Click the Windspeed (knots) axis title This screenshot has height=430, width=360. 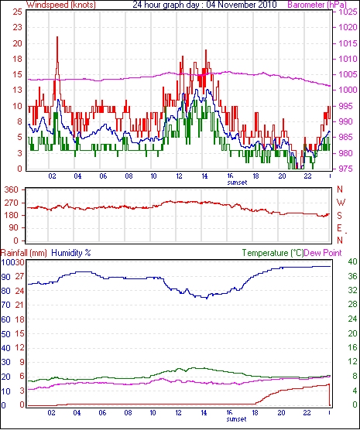60,5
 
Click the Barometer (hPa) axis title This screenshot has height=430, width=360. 317,5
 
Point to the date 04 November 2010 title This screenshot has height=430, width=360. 242,5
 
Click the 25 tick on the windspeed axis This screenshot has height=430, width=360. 17,12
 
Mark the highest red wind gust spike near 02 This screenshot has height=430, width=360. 57,37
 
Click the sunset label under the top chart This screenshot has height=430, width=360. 237,183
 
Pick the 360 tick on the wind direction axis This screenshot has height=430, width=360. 12,189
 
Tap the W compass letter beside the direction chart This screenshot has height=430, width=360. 341,203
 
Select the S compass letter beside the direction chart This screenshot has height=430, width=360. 339,216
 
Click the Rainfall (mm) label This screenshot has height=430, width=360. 24,253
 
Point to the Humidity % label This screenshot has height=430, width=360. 71,253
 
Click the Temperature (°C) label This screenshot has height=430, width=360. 273,253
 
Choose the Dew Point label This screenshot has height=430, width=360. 323,253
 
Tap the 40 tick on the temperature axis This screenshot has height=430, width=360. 352,261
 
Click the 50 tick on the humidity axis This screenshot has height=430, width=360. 5,334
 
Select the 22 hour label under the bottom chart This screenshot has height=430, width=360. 307,412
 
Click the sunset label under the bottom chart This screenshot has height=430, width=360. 236,419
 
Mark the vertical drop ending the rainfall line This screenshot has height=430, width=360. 329,395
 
